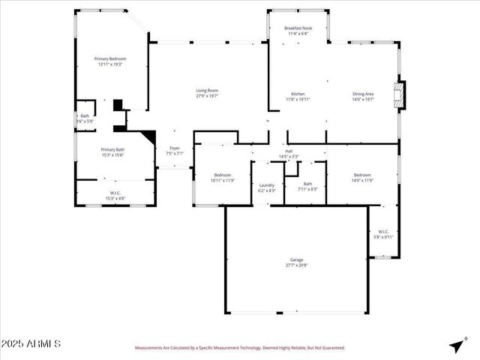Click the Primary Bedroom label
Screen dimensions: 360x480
(x=109, y=58)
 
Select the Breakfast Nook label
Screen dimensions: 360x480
(x=298, y=28)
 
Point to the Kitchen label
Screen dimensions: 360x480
(x=298, y=94)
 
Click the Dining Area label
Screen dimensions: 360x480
(x=363, y=94)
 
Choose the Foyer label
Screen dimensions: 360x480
(x=174, y=148)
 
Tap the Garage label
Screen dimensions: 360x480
(x=297, y=259)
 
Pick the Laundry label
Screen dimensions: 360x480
(x=267, y=184)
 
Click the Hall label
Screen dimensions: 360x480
(x=289, y=151)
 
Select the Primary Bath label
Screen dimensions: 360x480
(x=113, y=149)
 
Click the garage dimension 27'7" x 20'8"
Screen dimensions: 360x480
(x=297, y=265)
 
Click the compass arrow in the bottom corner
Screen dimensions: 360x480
(x=455, y=346)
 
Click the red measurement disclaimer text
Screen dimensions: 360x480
(x=240, y=348)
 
